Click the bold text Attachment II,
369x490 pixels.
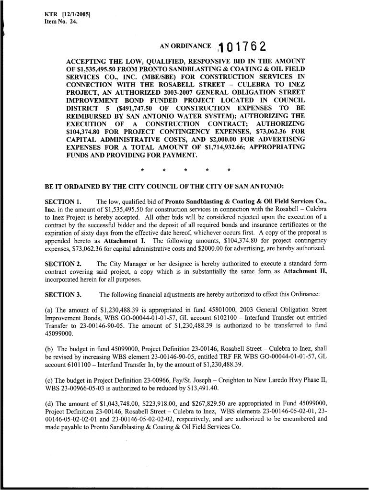(306, 272)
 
